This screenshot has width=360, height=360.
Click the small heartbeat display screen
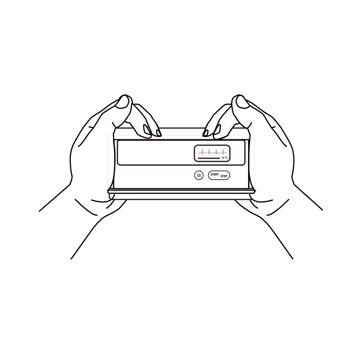pyautogui.click(x=212, y=153)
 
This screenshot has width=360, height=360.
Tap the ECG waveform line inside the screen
pyautogui.click(x=212, y=150)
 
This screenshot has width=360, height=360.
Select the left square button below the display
pyautogui.click(x=198, y=176)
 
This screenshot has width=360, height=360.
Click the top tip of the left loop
pyautogui.click(x=125, y=94)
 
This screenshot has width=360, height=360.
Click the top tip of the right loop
pyautogui.click(x=238, y=94)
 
